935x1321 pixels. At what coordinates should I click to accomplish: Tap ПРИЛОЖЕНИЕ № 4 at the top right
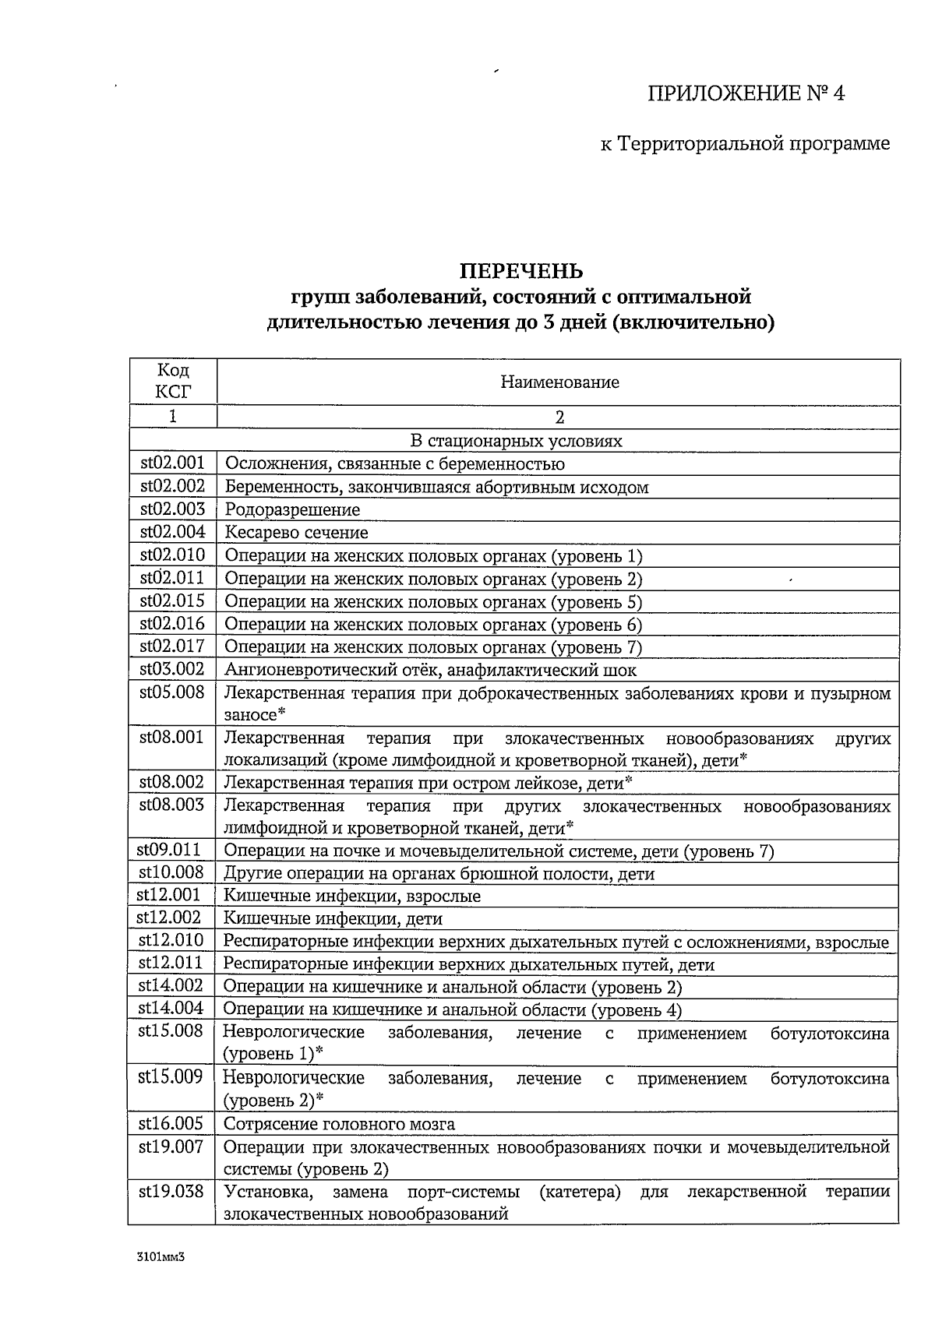point(746,94)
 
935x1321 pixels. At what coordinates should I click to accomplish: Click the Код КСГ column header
point(173,381)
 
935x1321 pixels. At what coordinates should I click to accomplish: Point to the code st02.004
point(172,532)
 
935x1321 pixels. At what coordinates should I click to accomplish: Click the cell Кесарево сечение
point(297,533)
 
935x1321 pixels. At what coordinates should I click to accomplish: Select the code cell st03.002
point(172,669)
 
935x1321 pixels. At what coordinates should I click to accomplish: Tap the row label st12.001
point(170,896)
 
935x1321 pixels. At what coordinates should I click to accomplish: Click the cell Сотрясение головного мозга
point(339,1124)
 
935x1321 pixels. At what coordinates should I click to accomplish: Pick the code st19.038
point(171,1192)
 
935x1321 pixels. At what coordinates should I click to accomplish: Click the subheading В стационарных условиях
point(516,441)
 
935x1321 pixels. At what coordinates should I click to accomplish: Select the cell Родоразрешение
point(292,510)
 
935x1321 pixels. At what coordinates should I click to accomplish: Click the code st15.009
point(171,1077)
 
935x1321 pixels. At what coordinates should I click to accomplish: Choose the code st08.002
point(172,782)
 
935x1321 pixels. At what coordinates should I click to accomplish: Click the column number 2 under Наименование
point(559,417)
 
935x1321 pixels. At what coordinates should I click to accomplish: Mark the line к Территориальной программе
point(745,144)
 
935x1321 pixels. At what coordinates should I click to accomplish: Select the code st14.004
point(171,1009)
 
